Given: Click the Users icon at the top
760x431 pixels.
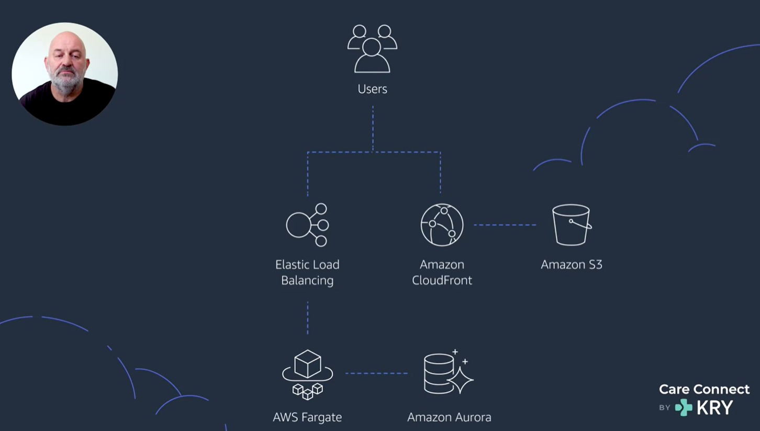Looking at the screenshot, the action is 372,49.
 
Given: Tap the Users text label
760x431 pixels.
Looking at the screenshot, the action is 372,89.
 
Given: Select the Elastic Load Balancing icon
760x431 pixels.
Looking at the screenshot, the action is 307,225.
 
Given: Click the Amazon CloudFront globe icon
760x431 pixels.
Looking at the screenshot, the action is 442,225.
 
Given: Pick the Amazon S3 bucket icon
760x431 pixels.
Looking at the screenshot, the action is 572,225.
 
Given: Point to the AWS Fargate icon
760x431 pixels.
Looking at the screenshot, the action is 307,374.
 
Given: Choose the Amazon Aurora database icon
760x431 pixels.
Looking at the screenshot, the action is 449,372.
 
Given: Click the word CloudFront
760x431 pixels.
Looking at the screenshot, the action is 442,280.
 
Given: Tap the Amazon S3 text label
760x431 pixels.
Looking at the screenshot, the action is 572,264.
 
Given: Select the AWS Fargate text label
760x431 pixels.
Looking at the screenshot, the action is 307,417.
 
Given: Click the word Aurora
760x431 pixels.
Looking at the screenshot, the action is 471,417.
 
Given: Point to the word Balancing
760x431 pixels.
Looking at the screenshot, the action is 307,281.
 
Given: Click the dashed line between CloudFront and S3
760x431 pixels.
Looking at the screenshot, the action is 505,225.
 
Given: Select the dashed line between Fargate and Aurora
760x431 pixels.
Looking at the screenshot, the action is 377,373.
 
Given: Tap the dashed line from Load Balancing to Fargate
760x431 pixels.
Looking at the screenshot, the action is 308,318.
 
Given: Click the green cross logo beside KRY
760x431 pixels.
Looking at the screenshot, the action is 684,407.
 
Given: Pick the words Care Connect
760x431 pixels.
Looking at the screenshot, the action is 704,389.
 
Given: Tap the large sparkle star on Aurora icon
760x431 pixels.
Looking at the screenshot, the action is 460,380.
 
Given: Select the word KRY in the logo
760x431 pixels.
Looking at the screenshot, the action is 715,407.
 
